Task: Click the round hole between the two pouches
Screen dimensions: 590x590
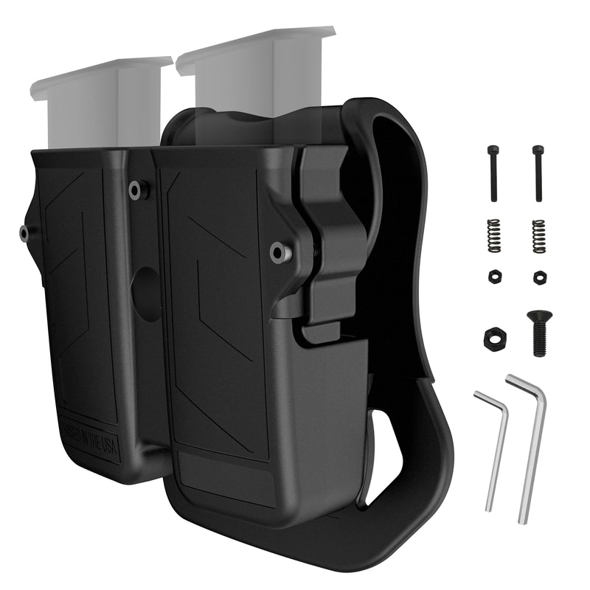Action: pos(147,294)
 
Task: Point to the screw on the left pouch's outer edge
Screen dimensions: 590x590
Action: pos(25,234)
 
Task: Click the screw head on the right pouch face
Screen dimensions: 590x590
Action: pos(279,253)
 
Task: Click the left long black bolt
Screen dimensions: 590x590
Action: pos(493,173)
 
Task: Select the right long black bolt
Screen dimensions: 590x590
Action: pos(538,173)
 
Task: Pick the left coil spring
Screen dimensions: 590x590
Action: pos(494,236)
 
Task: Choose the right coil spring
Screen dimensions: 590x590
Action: pos(539,236)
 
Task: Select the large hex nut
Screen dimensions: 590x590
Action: pos(494,339)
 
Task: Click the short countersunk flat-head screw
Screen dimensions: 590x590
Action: pos(539,332)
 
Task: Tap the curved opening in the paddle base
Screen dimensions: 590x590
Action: pos(383,457)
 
